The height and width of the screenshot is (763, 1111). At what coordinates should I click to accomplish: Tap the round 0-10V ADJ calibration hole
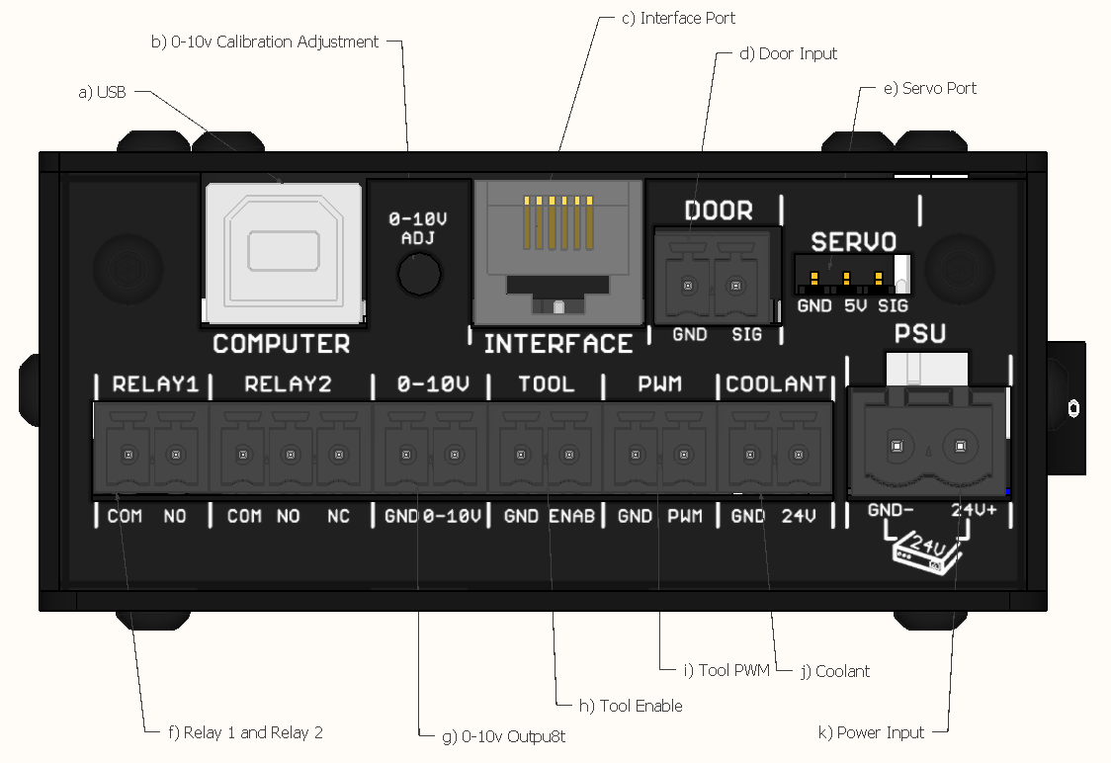pos(419,273)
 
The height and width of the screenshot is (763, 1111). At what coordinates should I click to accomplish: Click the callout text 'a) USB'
pos(102,92)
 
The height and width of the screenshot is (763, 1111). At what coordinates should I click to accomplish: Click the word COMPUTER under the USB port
pos(282,344)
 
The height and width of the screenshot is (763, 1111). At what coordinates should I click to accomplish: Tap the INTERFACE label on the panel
pos(557,344)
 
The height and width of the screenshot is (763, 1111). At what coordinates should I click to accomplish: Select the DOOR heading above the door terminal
pos(719,211)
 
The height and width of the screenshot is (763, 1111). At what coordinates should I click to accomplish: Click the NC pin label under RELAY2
pos(338,517)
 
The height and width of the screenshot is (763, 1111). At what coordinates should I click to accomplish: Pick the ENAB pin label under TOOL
pos(571,517)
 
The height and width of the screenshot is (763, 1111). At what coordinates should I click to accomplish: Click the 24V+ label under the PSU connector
pos(975,511)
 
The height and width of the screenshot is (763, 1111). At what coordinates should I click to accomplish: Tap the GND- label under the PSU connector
pos(891,511)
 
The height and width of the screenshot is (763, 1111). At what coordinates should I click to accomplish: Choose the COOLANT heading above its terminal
pos(776,384)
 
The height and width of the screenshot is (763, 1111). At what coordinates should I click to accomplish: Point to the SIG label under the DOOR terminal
pos(746,335)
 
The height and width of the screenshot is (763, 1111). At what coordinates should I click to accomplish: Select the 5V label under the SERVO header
pos(855,306)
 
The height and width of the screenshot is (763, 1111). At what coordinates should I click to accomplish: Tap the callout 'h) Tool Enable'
pos(631,706)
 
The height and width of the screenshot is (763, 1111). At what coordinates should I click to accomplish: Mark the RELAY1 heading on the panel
pos(155,384)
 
